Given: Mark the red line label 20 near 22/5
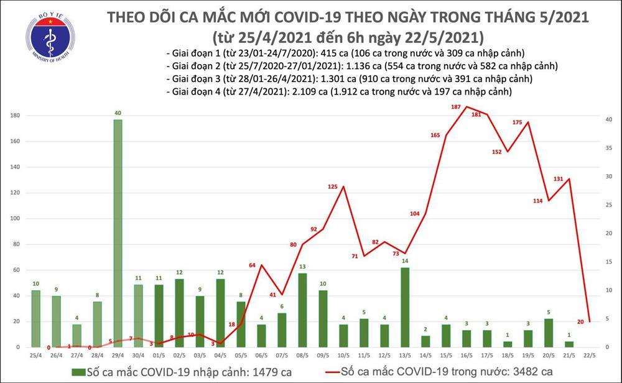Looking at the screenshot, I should coord(580,321).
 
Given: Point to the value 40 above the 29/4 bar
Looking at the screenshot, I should coord(118,113).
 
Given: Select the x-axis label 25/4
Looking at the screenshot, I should coord(35,355).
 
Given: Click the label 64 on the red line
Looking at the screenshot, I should coord(253,265).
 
